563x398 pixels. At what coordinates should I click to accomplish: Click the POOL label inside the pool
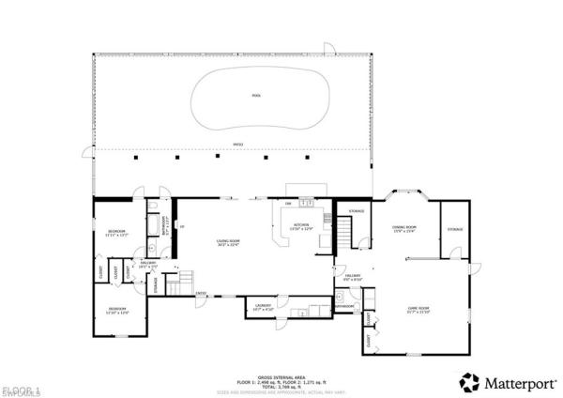pyautogui.click(x=256, y=96)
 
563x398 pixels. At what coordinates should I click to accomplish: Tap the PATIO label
pyautogui.click(x=237, y=144)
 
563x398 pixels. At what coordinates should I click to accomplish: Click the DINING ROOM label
pyautogui.click(x=403, y=227)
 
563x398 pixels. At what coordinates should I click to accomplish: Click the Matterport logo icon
pyautogui.click(x=468, y=381)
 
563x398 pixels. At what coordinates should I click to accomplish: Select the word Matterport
pyautogui.click(x=515, y=382)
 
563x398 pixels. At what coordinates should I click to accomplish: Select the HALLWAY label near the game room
pyautogui.click(x=353, y=277)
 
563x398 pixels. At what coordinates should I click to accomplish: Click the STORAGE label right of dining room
pyautogui.click(x=455, y=229)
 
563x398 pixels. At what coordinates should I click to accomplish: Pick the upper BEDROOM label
pyautogui.click(x=116, y=232)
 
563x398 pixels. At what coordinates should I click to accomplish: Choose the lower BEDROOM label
pyautogui.click(x=116, y=311)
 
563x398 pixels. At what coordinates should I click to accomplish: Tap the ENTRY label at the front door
pyautogui.click(x=201, y=293)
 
